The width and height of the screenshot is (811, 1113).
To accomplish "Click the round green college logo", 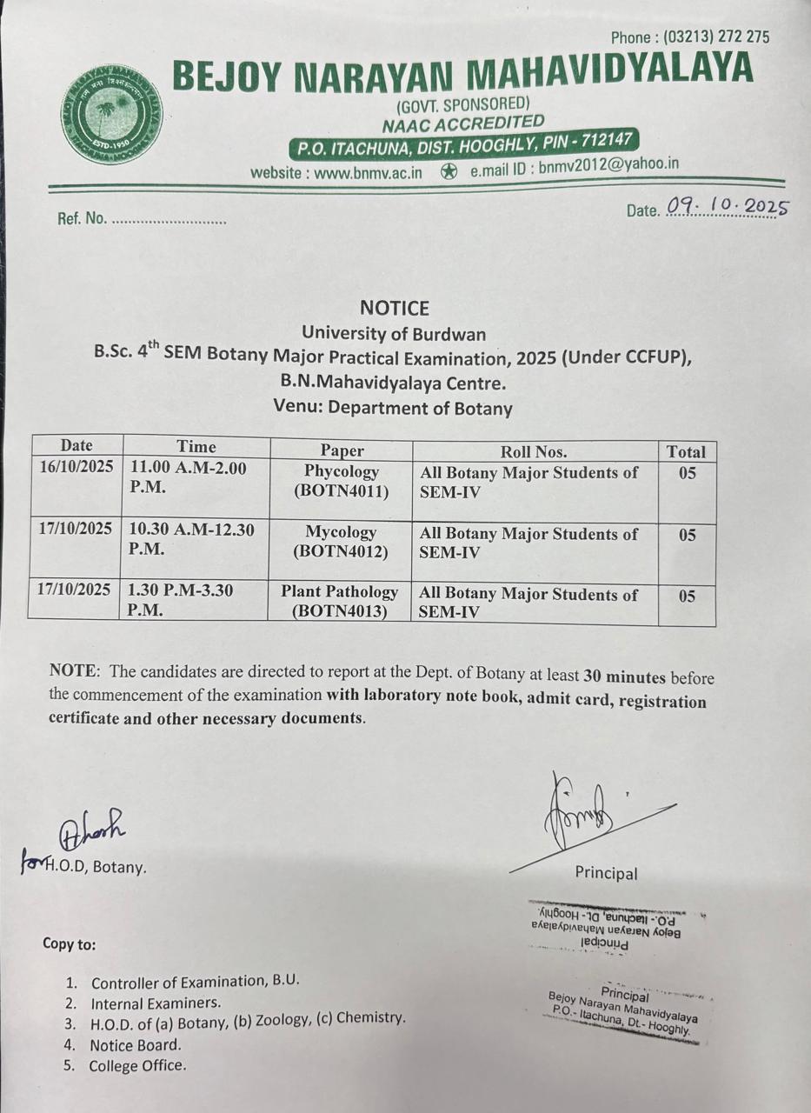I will click(112, 116).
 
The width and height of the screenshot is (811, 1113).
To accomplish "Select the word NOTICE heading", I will click(394, 308).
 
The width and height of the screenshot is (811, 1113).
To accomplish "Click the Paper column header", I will click(342, 450).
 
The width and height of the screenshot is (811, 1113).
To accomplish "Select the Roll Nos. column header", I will click(534, 451).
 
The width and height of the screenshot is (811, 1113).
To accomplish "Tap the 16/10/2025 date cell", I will click(76, 467).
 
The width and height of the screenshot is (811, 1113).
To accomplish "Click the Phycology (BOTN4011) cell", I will click(341, 481).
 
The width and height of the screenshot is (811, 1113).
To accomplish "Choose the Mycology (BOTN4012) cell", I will click(341, 541).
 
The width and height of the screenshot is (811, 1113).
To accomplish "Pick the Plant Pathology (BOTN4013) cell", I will click(339, 601).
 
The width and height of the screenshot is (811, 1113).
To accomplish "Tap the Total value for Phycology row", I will click(687, 475).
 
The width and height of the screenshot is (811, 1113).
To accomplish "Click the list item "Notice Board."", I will click(136, 1044).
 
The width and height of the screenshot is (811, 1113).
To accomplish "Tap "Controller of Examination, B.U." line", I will click(195, 982).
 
